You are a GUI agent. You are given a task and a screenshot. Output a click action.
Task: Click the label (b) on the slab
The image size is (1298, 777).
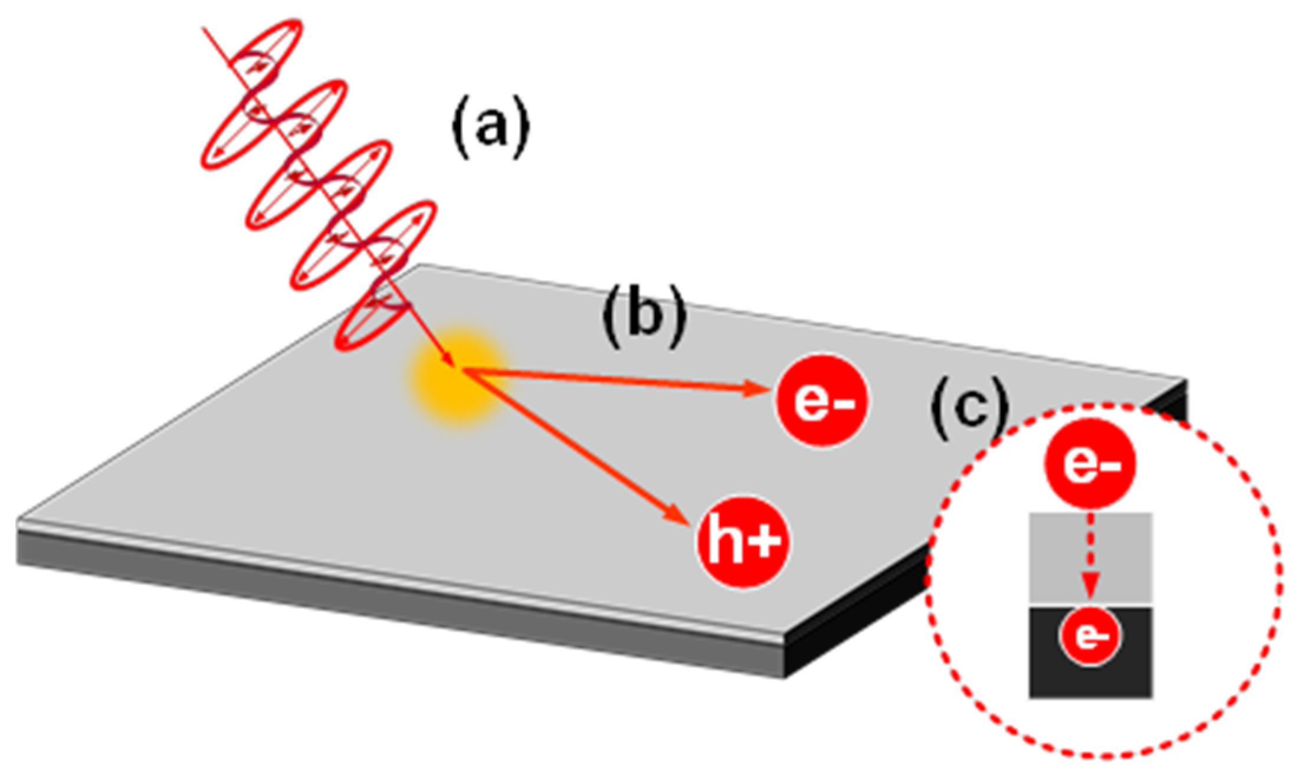(644, 317)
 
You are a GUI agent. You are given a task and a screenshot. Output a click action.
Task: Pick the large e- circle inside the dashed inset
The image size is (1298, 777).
(1090, 463)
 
